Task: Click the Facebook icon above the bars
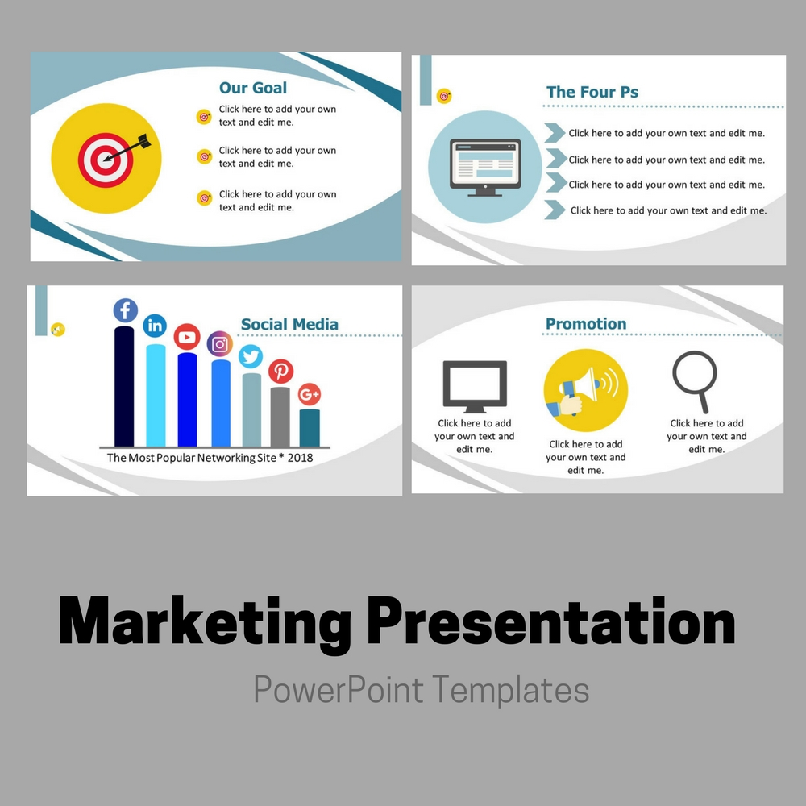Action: tap(126, 310)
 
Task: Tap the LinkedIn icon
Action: tap(155, 326)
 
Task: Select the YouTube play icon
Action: tap(187, 337)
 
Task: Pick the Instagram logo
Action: tap(219, 344)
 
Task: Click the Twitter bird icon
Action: tap(251, 356)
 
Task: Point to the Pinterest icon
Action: tap(280, 371)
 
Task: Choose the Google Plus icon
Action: tap(310, 394)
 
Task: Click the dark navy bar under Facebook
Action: tap(124, 386)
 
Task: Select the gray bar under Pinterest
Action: tap(280, 417)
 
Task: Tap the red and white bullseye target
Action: tap(106, 160)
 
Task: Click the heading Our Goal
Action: tap(253, 88)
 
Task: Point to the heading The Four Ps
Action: tap(592, 92)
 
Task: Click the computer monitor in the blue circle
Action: tap(485, 168)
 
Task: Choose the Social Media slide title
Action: tap(289, 324)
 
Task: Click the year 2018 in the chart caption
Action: tap(300, 458)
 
